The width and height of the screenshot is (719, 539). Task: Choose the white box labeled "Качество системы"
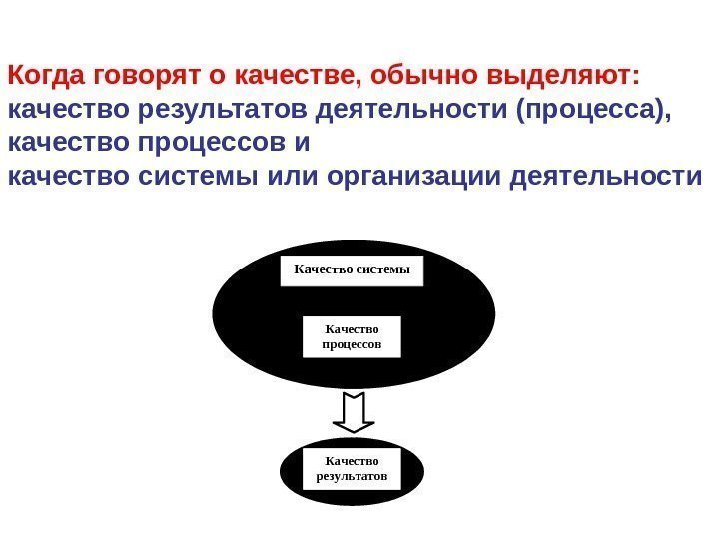[x=352, y=269]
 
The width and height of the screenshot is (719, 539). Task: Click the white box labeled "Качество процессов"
[x=351, y=336]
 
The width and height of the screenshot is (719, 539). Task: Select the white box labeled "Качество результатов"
[x=351, y=469]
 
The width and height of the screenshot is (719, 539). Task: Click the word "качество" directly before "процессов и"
[x=64, y=145]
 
